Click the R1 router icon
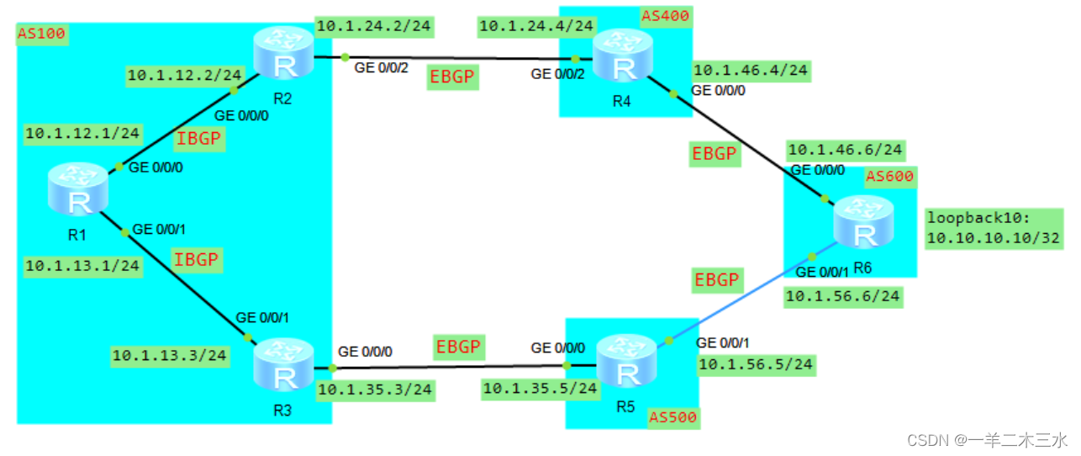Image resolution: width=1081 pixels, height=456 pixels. click(78, 190)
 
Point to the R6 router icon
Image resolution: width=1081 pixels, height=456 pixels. click(863, 223)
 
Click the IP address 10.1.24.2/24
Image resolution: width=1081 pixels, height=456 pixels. click(373, 27)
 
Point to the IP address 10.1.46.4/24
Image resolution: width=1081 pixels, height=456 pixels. click(751, 72)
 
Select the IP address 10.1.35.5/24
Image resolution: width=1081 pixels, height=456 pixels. click(540, 388)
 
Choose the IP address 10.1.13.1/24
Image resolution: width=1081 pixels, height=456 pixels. click(82, 267)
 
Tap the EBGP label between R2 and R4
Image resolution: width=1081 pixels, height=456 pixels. click(452, 77)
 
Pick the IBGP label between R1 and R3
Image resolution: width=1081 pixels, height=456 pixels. click(196, 260)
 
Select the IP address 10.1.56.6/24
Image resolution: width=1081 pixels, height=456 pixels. click(843, 296)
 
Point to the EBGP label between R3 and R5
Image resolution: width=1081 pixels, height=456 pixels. click(458, 346)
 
